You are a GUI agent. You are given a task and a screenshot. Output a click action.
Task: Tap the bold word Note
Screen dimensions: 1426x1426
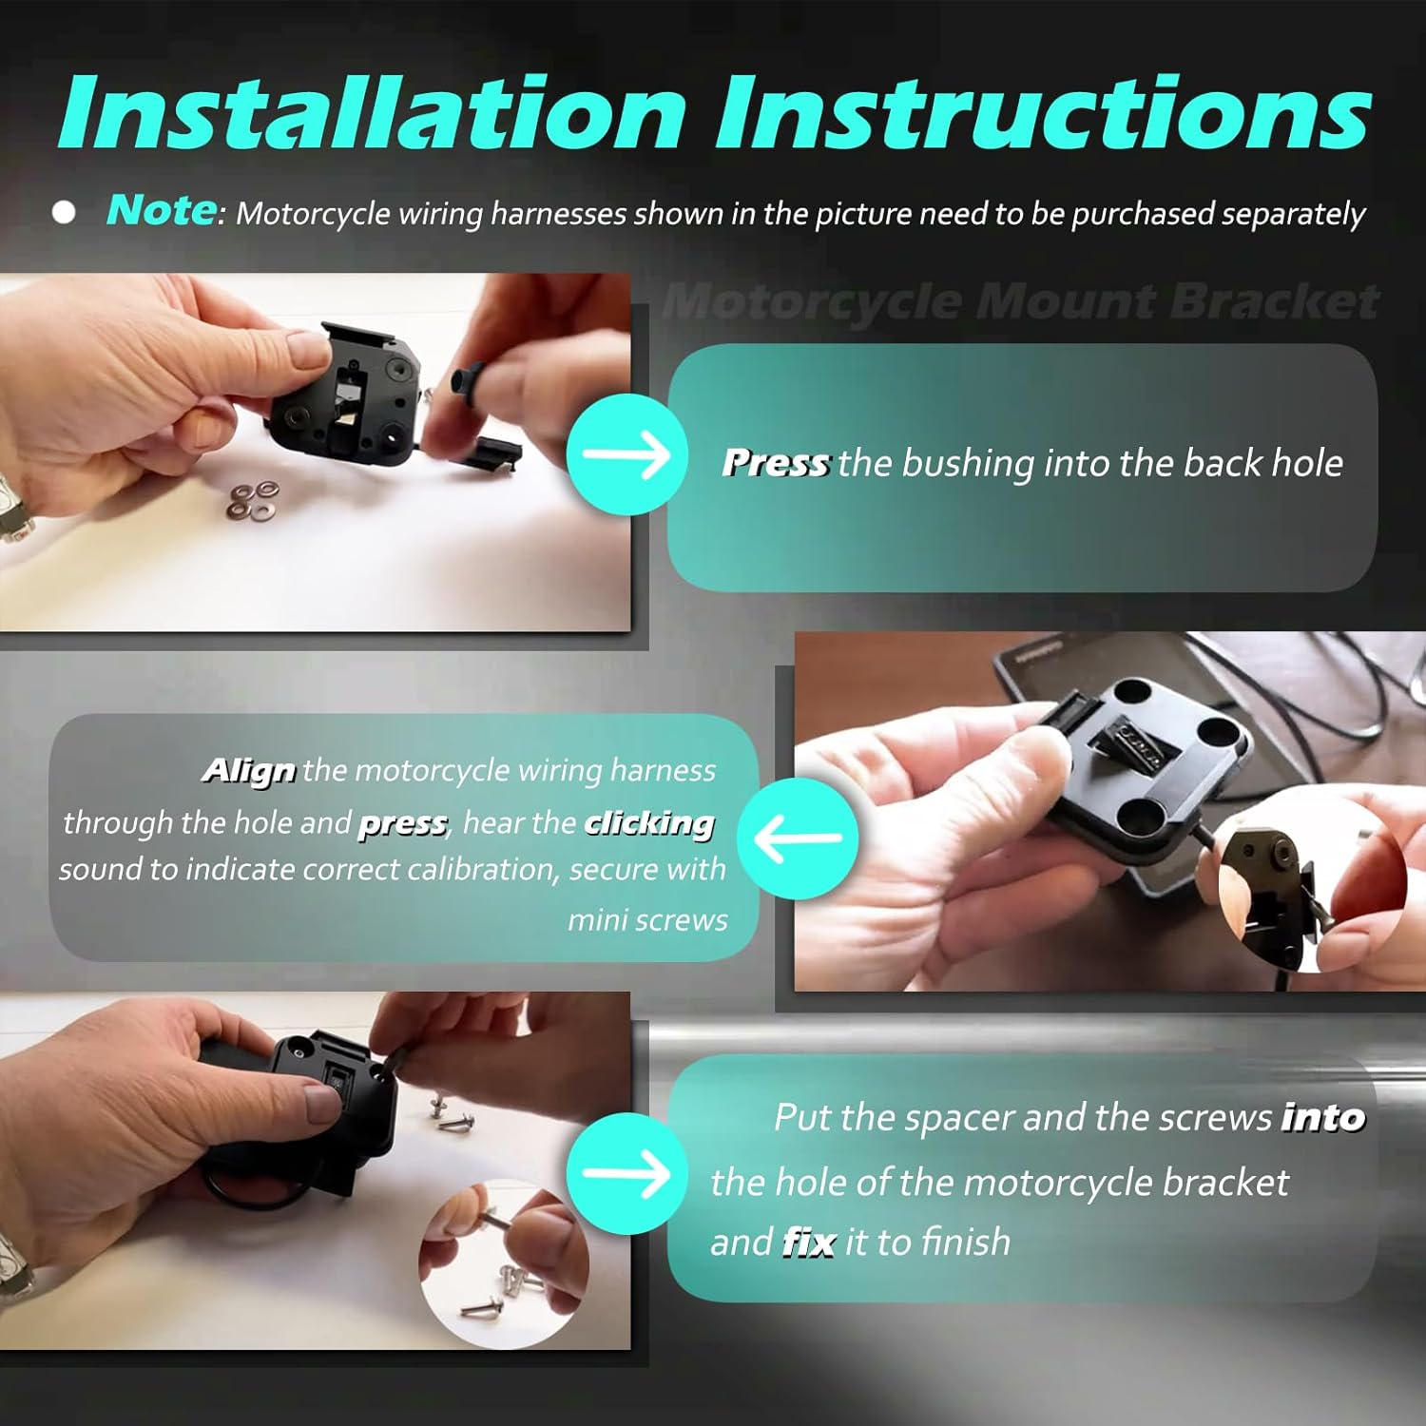(162, 209)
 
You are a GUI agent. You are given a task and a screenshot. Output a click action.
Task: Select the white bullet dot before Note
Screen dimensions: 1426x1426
(64, 212)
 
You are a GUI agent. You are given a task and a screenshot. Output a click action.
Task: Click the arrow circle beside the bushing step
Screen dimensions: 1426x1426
(626, 454)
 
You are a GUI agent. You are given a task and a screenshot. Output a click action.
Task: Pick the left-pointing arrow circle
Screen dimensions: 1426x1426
(798, 838)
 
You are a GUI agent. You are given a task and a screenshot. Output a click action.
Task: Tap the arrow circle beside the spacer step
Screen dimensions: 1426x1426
(626, 1174)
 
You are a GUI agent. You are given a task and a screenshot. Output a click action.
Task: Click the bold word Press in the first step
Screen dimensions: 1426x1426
(776, 463)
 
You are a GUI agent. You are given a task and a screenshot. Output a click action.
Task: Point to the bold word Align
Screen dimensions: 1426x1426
(249, 770)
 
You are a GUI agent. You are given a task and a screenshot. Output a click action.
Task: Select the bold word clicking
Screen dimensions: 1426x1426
(649, 823)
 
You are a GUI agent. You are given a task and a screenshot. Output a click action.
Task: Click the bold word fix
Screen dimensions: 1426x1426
(809, 1243)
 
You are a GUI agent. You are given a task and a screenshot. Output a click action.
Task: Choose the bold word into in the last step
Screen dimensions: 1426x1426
(1323, 1118)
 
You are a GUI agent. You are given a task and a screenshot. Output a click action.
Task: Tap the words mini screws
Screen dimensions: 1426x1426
(647, 920)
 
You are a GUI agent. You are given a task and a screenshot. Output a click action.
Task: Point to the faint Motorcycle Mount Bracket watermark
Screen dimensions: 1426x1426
(1019, 302)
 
